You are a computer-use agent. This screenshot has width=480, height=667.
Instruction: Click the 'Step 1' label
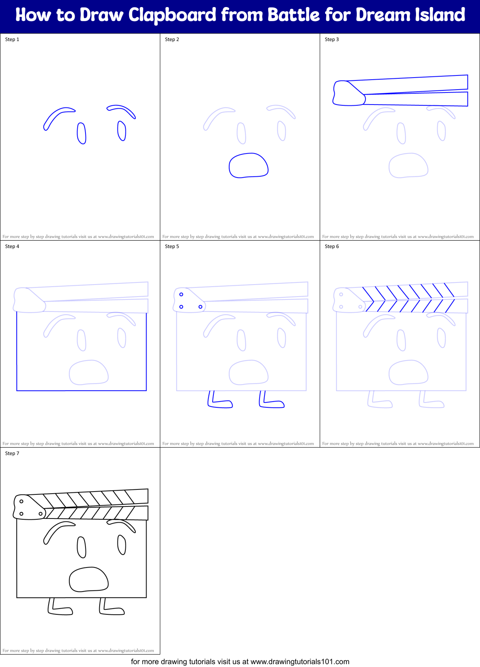(x=12, y=39)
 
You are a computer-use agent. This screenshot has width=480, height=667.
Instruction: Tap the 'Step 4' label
(x=12, y=246)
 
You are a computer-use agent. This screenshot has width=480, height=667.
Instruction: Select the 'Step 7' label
(x=12, y=453)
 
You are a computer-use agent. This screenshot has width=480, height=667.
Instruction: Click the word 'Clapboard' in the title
(x=172, y=15)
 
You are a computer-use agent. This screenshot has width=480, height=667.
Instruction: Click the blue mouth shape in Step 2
(x=248, y=166)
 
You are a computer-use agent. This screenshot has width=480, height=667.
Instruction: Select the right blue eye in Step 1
(x=122, y=131)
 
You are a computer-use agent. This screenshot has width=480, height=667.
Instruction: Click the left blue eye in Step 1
(x=81, y=133)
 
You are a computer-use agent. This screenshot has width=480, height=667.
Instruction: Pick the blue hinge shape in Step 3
(x=348, y=94)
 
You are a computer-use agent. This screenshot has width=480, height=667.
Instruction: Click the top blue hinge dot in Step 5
(x=181, y=295)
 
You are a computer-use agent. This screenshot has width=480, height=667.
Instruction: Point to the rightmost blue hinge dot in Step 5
(x=201, y=307)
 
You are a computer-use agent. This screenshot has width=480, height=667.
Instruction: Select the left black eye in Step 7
(x=81, y=547)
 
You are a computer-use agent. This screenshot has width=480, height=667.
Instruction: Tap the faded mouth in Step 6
(x=408, y=372)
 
